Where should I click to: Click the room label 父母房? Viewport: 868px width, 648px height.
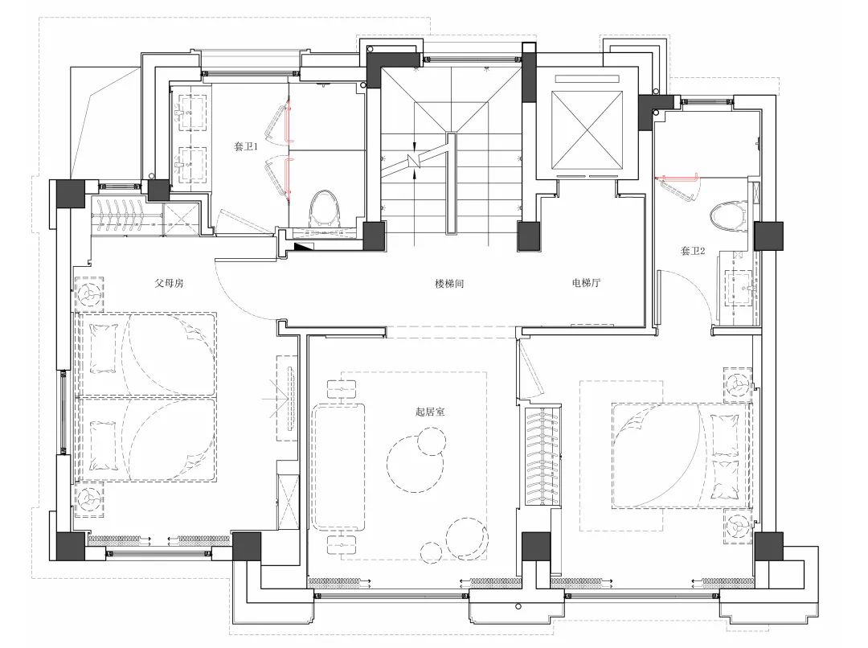169,284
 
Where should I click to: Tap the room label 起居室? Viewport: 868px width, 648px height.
429,412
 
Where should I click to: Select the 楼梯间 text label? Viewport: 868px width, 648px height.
449,284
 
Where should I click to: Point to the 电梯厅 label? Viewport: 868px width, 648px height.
586,283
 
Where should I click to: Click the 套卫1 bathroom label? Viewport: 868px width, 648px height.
246,147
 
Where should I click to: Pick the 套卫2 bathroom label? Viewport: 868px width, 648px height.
693,251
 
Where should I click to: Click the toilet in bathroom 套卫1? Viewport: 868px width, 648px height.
325,208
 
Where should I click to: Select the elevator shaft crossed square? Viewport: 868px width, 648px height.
587,129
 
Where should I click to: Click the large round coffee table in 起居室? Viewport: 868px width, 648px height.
416,463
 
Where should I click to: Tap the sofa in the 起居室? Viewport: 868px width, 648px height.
339,466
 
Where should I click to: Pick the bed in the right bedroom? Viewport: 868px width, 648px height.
682,455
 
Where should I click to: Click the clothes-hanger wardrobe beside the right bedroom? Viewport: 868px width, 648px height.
542,456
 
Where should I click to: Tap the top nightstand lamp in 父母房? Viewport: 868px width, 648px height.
89,294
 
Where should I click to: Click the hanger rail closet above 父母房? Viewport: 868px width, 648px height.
126,216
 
